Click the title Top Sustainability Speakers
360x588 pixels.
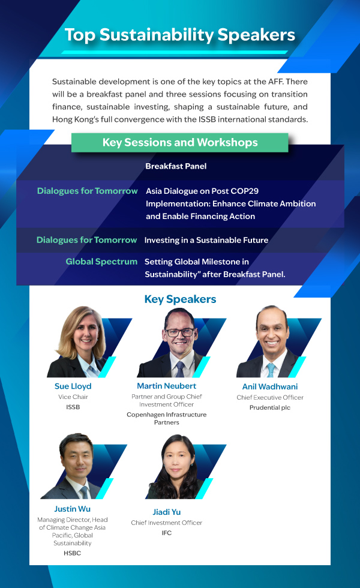[x=180, y=35]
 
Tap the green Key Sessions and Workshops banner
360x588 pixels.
[x=180, y=143]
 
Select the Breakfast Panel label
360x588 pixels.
[x=176, y=166]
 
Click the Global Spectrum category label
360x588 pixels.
[x=101, y=262]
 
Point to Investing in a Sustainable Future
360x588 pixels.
[x=206, y=240]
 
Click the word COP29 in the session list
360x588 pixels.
[x=245, y=191]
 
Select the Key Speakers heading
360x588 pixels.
[x=181, y=299]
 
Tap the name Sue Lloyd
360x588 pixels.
[x=73, y=386]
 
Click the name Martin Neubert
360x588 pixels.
[x=167, y=386]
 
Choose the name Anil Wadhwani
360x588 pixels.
[x=270, y=386]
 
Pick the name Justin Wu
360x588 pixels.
[x=73, y=509]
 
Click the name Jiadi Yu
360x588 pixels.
[x=167, y=512]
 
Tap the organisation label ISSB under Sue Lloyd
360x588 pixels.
[x=73, y=407]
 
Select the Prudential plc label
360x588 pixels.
[x=270, y=407]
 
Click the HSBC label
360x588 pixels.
[x=73, y=553]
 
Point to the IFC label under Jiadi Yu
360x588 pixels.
[x=167, y=533]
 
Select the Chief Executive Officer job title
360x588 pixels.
[x=270, y=397]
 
